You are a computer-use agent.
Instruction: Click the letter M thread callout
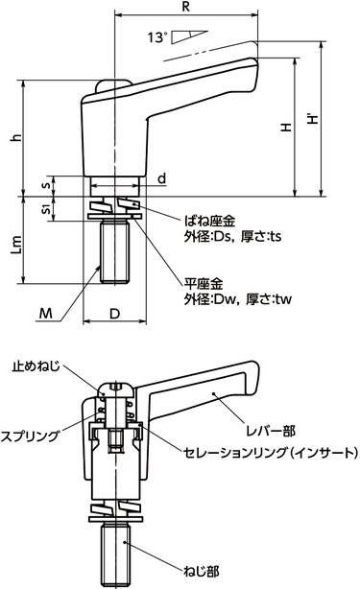pos(47,312)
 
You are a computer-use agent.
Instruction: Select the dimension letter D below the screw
pos(115,314)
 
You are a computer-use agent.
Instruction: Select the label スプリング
pos(33,435)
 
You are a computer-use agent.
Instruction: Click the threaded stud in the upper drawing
pos(115,254)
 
